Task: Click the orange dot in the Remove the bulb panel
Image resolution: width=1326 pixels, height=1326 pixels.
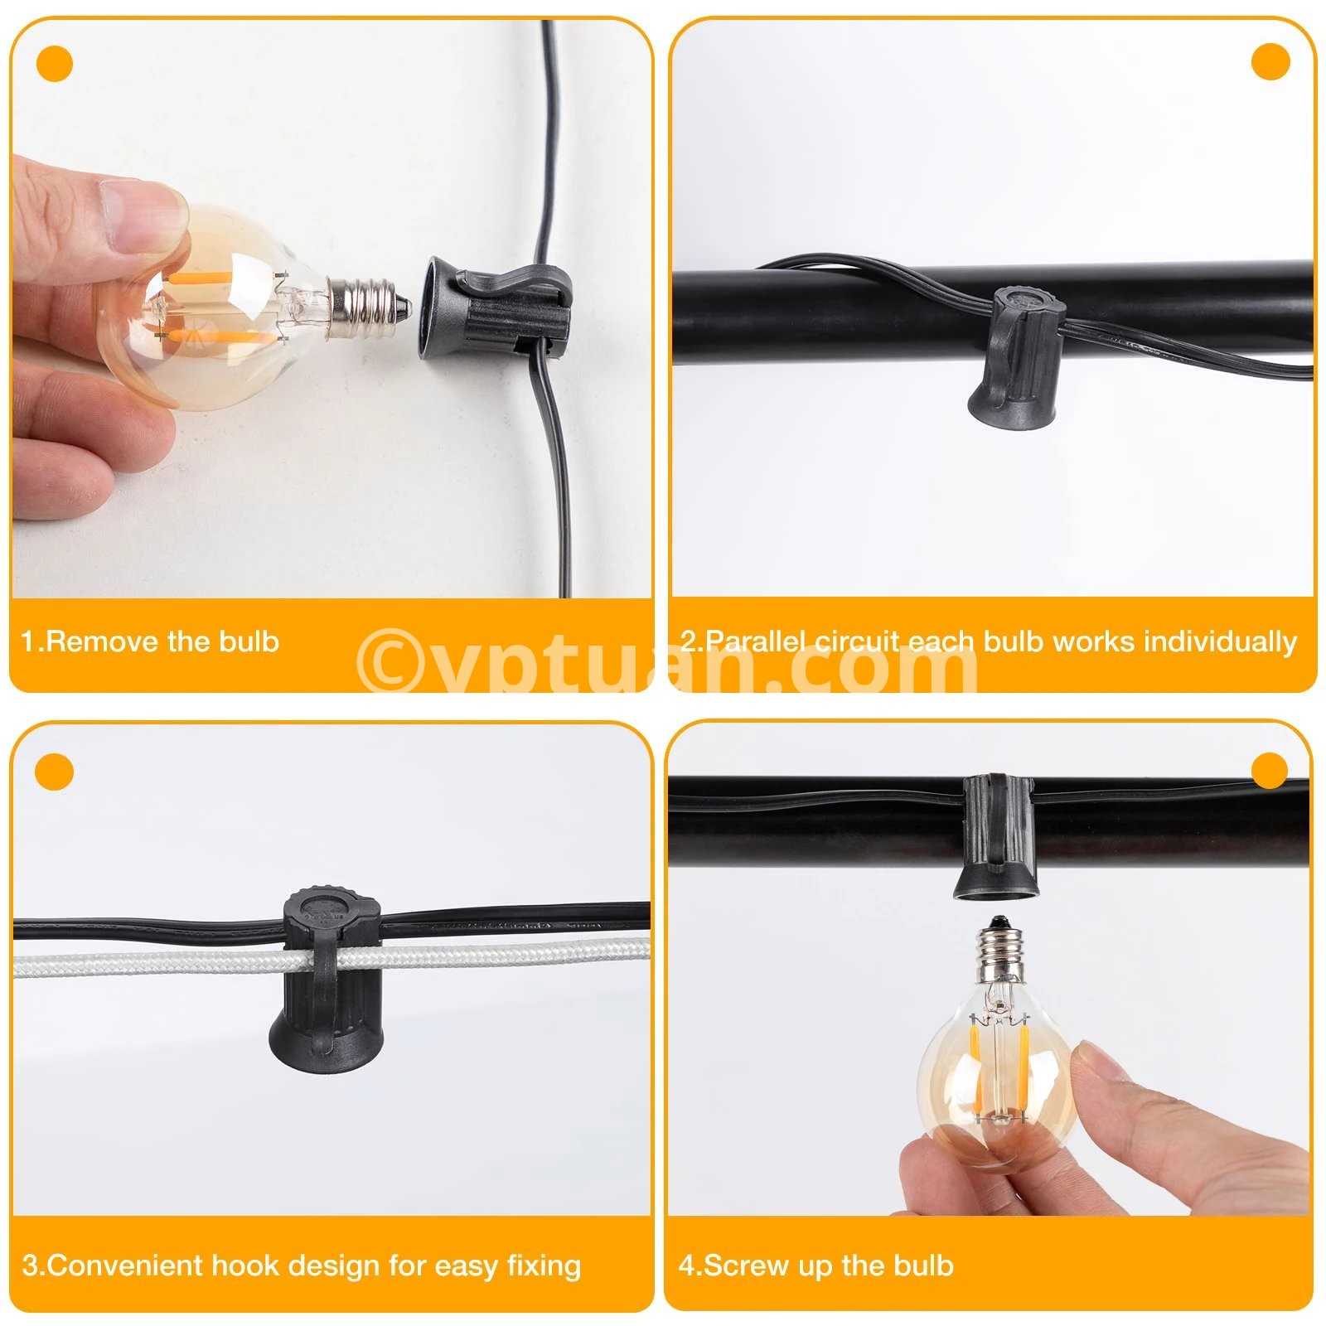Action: click(55, 64)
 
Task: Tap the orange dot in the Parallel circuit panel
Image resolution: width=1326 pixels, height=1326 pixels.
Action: click(1270, 62)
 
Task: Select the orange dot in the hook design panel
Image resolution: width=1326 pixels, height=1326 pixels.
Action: click(55, 772)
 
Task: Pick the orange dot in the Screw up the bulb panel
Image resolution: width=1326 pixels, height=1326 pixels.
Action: click(1269, 772)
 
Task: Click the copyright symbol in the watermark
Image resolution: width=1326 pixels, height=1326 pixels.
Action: click(386, 660)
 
